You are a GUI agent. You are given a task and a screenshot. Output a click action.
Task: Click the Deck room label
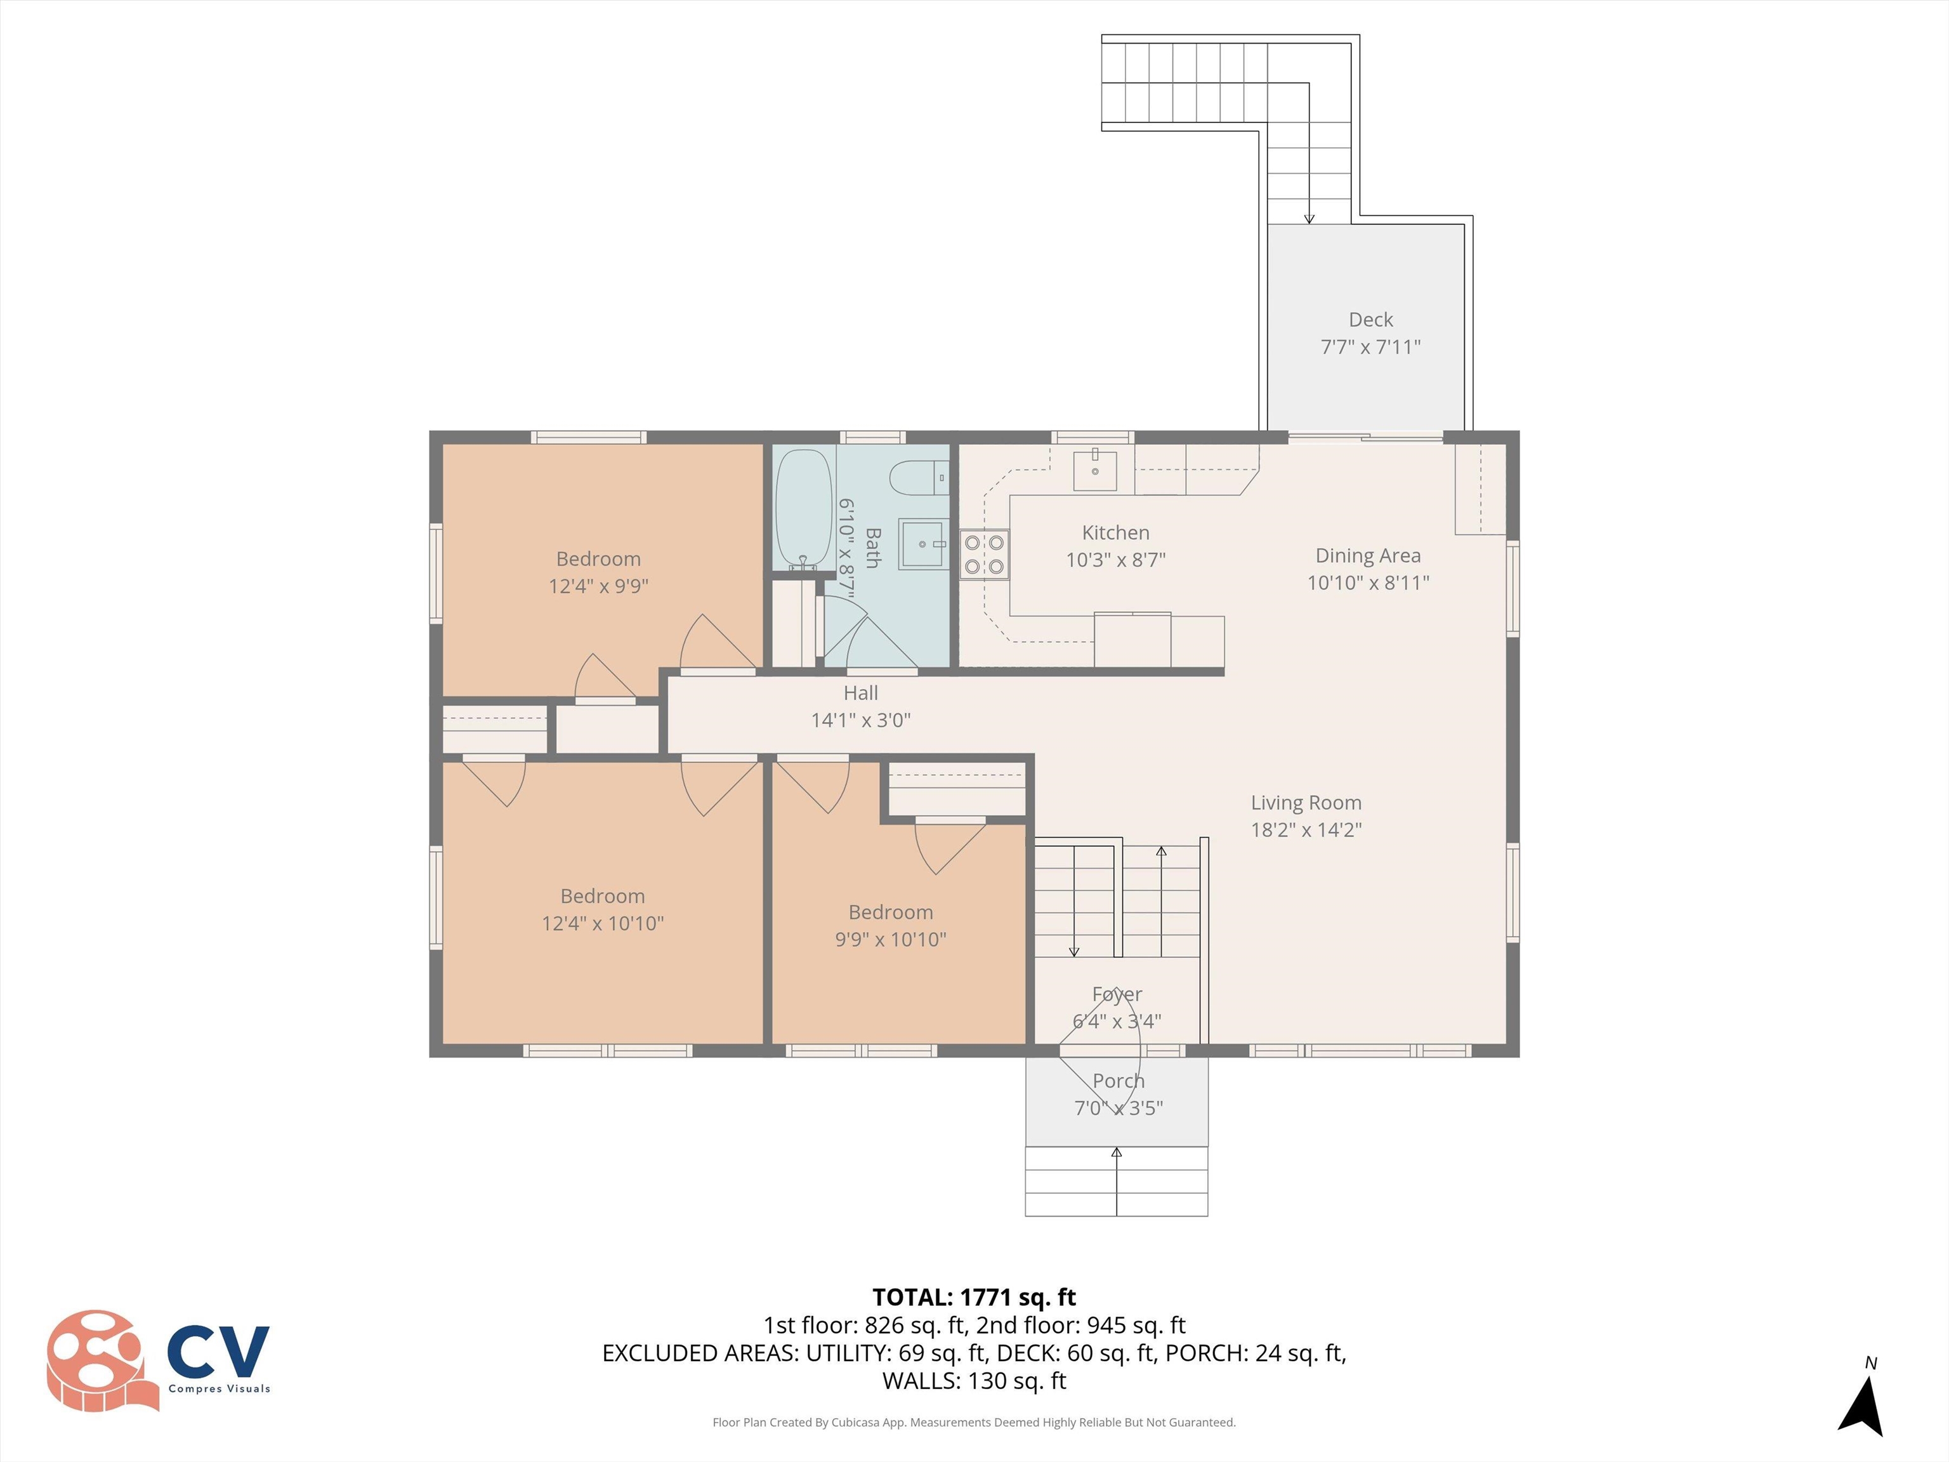coord(1370,320)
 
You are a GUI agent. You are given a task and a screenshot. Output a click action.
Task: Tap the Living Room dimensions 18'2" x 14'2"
coord(1306,829)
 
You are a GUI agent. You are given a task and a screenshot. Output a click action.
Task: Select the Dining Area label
coord(1367,555)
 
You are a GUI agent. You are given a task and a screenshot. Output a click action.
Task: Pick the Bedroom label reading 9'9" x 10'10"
coord(890,925)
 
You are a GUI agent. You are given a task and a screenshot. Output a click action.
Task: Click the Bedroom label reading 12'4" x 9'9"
coord(598,572)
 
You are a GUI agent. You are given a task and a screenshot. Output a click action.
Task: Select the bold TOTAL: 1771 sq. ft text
coord(974,1297)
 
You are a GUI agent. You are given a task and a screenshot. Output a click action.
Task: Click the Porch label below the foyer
coord(1118,1081)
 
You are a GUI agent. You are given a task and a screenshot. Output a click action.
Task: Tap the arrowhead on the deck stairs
coord(1309,218)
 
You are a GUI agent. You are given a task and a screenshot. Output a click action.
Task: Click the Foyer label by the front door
coord(1117,994)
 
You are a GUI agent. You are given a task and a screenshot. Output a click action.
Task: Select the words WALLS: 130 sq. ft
coord(974,1381)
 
